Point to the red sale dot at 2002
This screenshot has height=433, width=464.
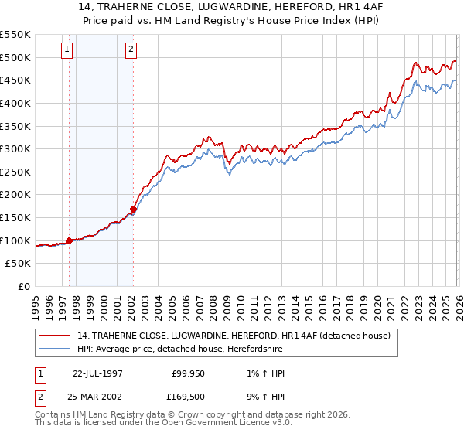point(133,209)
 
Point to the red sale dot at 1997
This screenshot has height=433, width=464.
point(69,240)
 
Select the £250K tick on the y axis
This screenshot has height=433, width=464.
point(15,172)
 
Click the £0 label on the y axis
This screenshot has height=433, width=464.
point(24,286)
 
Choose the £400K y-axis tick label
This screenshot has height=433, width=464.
point(15,103)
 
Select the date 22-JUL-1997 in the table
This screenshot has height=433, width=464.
point(97,373)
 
